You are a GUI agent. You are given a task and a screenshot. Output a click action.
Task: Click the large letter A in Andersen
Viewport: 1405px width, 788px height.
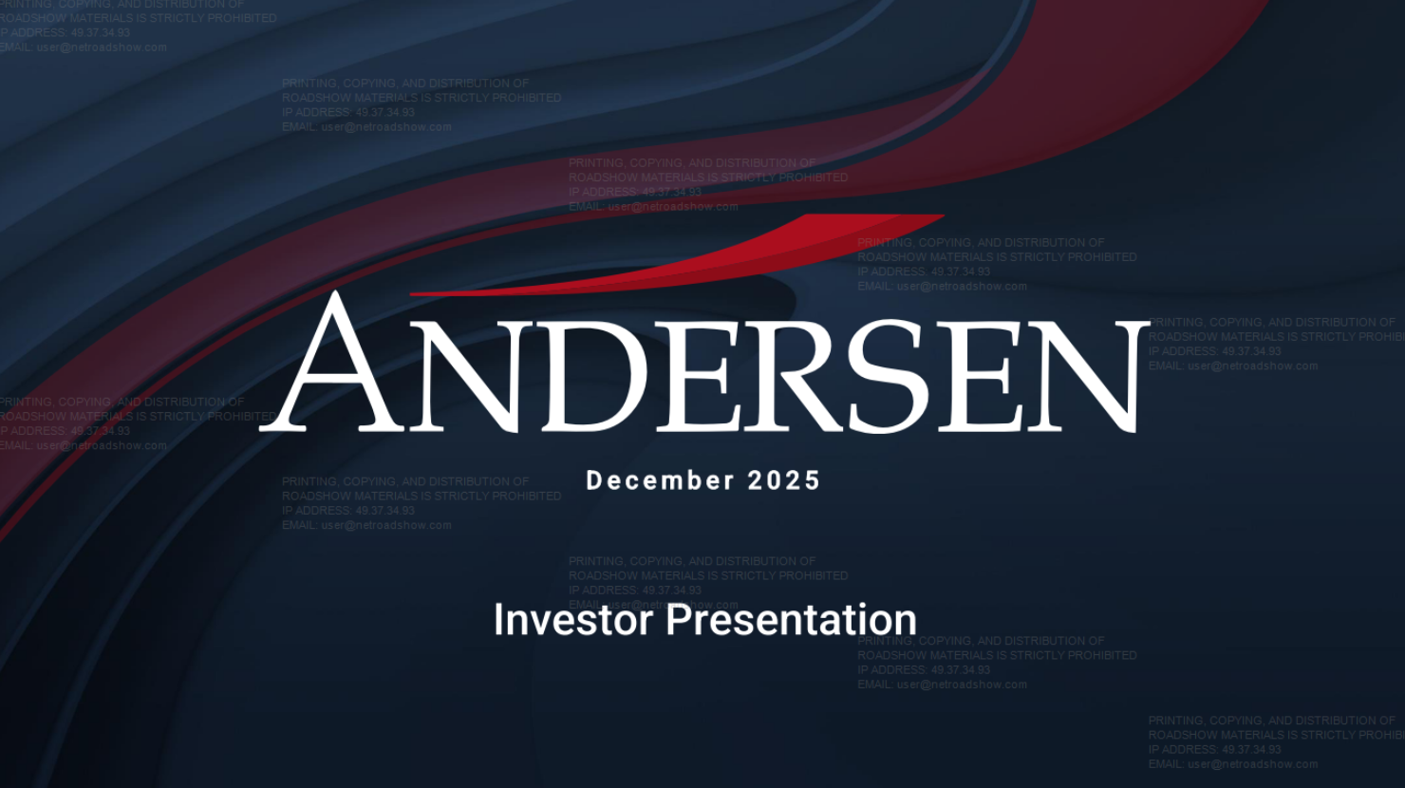[334, 366]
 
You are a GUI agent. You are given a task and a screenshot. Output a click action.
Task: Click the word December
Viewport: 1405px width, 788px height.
[660, 480]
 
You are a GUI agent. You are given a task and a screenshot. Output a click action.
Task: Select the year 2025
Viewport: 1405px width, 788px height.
[784, 480]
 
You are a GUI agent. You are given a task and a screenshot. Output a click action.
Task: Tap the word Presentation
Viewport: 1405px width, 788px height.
[791, 620]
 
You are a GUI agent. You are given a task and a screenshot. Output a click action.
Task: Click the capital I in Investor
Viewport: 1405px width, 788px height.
[499, 620]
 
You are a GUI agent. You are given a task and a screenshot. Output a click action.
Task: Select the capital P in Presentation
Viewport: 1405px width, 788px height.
[676, 620]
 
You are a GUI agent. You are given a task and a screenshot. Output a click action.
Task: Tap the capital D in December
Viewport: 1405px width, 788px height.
[595, 480]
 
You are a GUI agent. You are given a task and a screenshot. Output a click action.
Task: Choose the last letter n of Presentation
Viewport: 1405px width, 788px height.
[906, 624]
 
